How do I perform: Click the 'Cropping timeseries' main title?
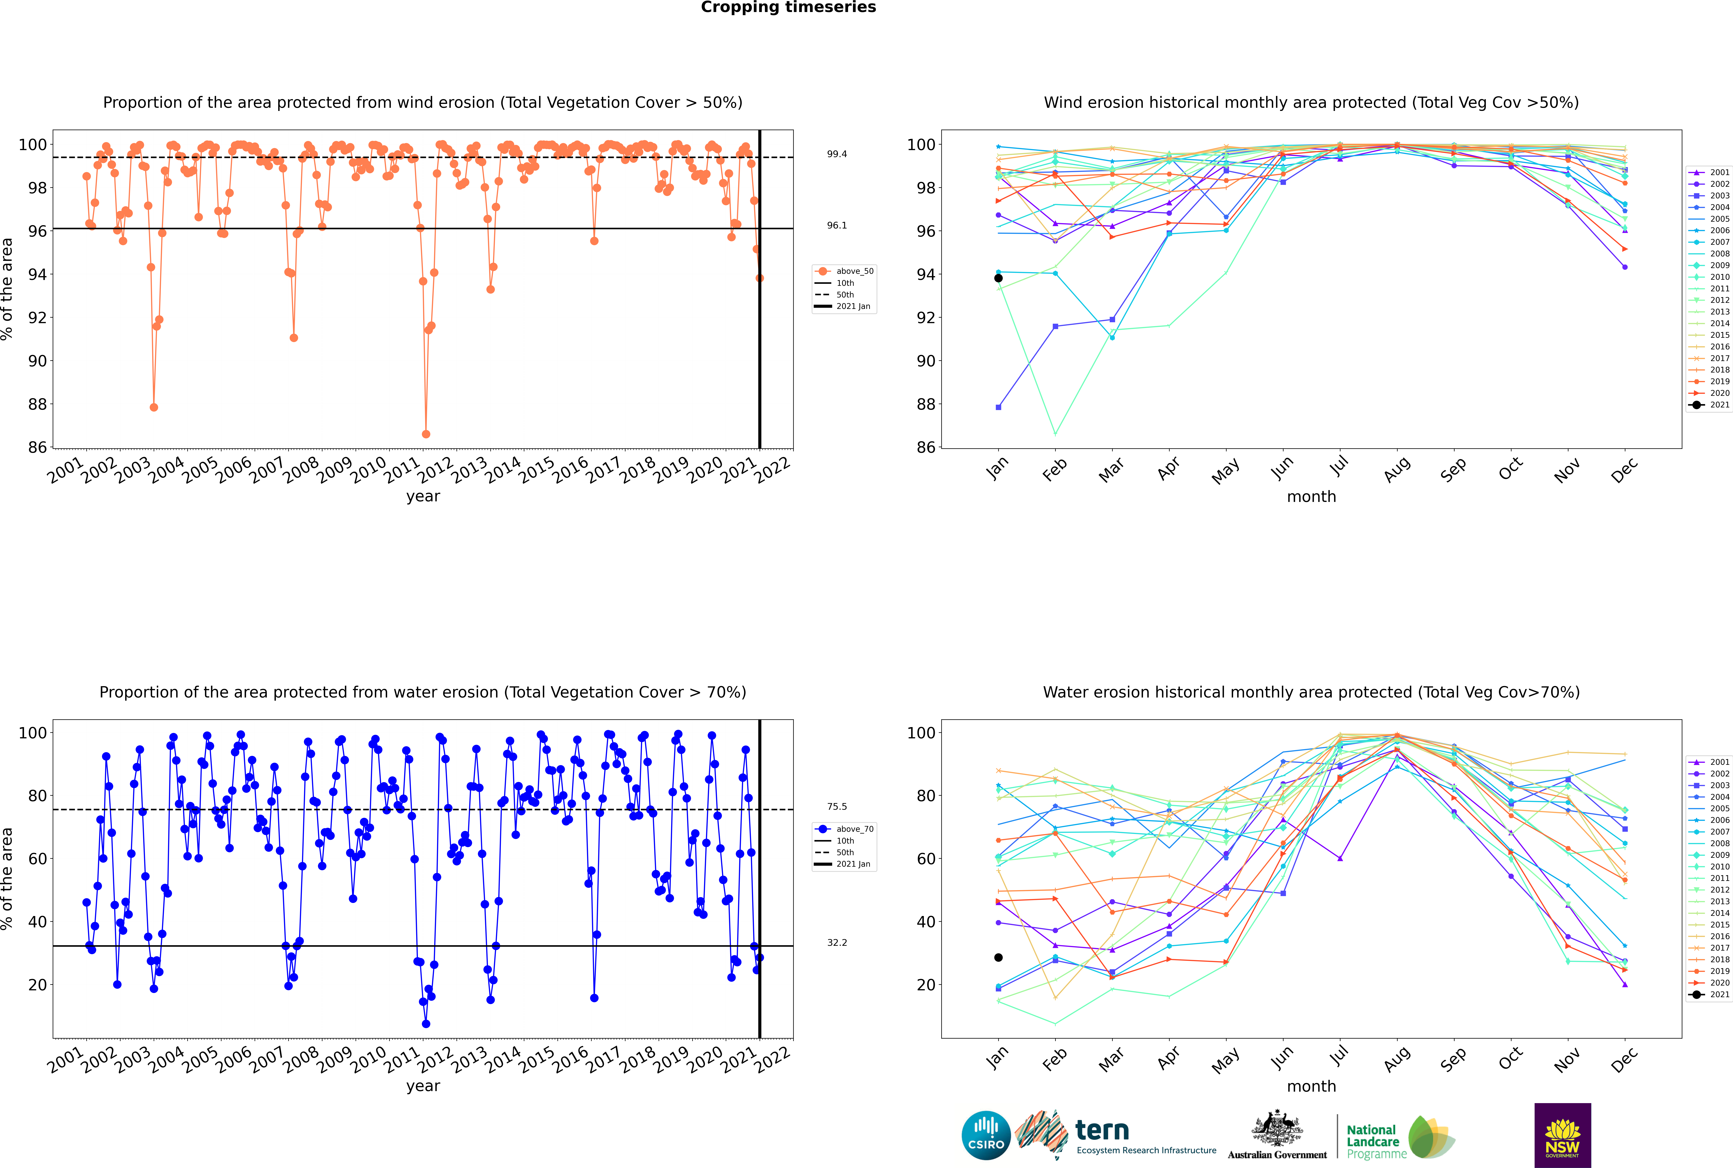(788, 7)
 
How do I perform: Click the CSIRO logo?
(986, 1135)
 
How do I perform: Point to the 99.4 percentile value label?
(837, 154)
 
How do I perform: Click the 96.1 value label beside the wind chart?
(837, 225)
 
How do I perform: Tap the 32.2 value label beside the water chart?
(837, 942)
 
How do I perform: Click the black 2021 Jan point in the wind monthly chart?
(998, 278)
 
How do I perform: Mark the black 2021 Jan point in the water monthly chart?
(998, 957)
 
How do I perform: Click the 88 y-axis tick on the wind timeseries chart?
(37, 404)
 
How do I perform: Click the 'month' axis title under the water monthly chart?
(1311, 1086)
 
